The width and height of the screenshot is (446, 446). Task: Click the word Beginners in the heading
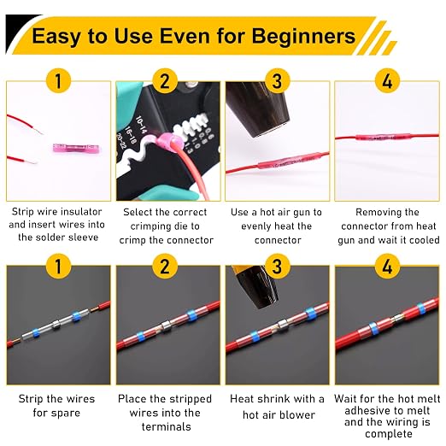(x=303, y=37)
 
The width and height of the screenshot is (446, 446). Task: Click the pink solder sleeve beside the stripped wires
(x=77, y=149)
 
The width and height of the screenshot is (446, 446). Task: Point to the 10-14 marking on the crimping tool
(x=141, y=125)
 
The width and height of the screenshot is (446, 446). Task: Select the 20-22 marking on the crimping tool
(x=120, y=142)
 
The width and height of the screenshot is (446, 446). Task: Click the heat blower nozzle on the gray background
(x=255, y=286)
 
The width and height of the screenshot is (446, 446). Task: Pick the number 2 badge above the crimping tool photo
(x=165, y=81)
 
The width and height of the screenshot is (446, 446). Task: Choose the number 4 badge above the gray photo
(x=387, y=267)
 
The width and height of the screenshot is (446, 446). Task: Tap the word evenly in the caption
(x=255, y=226)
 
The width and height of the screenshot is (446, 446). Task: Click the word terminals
(x=167, y=426)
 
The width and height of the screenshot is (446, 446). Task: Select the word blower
(x=297, y=415)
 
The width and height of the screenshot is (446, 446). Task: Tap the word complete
(x=389, y=434)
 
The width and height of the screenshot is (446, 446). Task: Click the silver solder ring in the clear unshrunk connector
(x=56, y=326)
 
